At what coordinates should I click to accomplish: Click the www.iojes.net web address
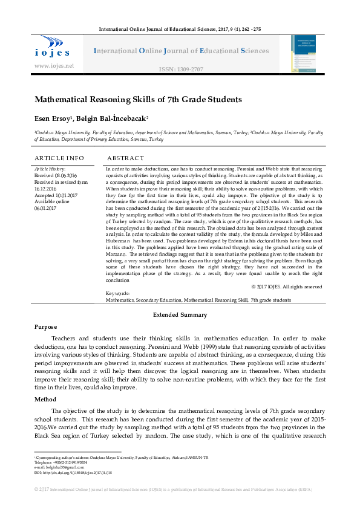[54, 65]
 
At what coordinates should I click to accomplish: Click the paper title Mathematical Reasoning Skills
[138, 99]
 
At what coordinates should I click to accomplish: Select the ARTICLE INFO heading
[59, 158]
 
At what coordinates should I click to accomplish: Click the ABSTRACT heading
[125, 158]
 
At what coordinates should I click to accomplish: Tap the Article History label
[50, 169]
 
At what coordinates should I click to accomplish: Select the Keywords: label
[117, 293]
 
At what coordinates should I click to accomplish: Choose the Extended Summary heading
[180, 315]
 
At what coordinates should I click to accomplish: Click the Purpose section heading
[46, 326]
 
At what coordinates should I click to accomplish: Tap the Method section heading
[46, 400]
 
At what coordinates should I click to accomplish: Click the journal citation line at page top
[180, 30]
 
